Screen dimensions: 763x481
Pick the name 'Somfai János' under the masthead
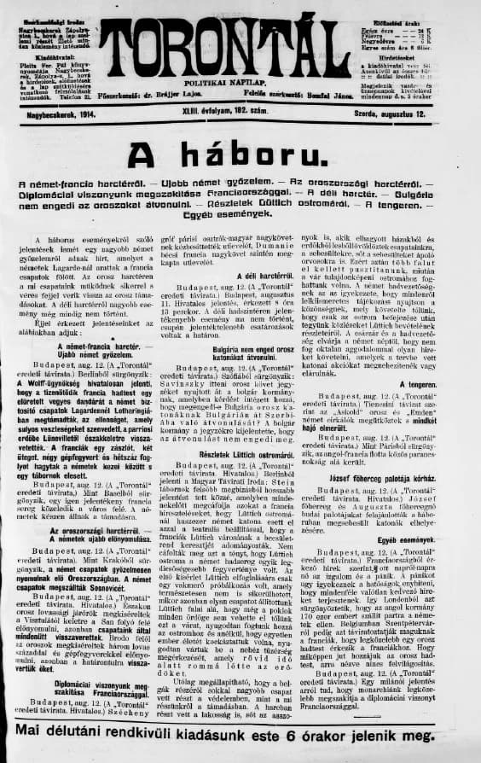click(328, 96)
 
